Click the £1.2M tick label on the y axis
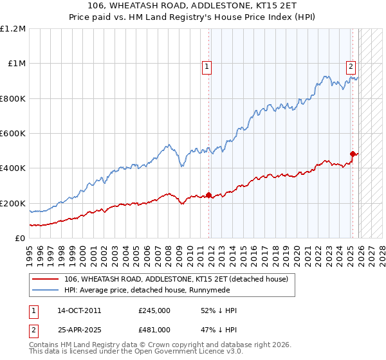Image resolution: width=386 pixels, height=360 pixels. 13,29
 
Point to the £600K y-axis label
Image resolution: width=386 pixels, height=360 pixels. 13,134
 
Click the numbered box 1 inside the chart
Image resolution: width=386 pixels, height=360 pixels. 207,65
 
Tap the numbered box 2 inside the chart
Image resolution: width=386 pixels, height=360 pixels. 351,65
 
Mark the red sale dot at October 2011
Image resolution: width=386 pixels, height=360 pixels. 208,195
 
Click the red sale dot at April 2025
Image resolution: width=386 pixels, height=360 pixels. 353,154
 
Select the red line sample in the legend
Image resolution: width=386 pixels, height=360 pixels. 45,279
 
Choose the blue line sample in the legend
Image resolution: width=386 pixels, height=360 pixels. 45,290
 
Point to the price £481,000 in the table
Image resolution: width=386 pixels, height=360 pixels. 154,329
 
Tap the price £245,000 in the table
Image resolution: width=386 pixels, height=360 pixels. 154,310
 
